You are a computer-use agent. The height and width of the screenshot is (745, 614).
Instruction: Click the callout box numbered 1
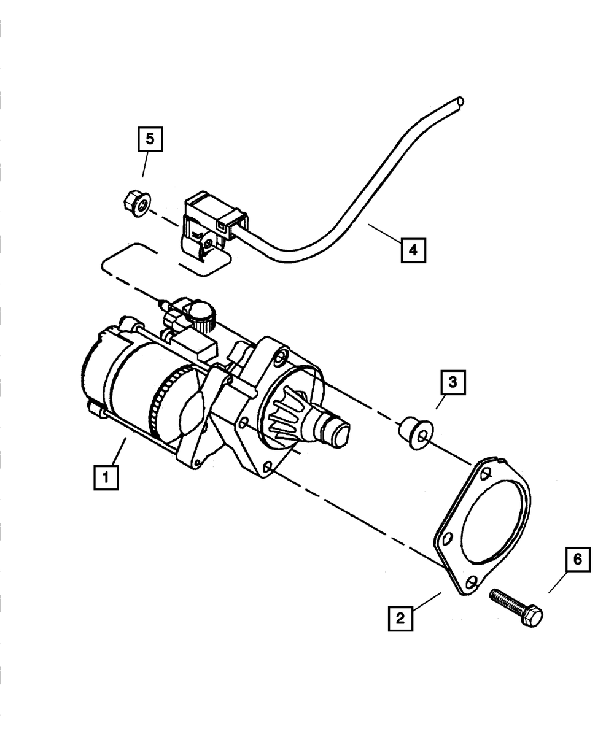tap(106, 477)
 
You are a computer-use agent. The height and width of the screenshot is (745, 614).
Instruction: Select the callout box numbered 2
tap(400, 618)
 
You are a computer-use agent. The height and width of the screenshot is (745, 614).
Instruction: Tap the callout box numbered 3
tap(453, 382)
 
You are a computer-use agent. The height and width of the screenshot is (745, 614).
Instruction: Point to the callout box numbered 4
tap(413, 250)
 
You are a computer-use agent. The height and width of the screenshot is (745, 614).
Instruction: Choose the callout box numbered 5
tap(150, 139)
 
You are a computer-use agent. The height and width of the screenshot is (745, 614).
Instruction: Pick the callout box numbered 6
tap(577, 560)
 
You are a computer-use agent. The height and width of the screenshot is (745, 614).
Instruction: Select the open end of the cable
tap(460, 101)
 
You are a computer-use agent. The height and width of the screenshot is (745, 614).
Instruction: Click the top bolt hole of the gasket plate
tap(486, 473)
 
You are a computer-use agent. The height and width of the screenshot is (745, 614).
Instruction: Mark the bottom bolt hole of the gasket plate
tap(472, 582)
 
